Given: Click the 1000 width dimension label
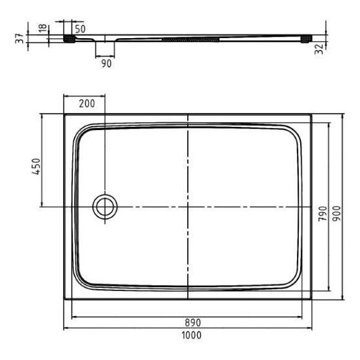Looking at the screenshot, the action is (x=191, y=335).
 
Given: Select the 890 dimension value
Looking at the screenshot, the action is (x=193, y=323).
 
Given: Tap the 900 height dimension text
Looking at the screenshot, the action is (x=336, y=214).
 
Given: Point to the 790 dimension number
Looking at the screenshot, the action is (x=323, y=214).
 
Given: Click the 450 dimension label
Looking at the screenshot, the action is (x=36, y=166).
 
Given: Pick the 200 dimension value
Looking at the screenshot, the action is (x=87, y=104).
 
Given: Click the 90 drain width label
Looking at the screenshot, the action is (x=106, y=63).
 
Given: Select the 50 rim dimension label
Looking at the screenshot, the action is (x=80, y=29).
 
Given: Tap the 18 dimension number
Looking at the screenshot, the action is (x=43, y=28).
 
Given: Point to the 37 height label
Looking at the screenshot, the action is (x=20, y=38).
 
